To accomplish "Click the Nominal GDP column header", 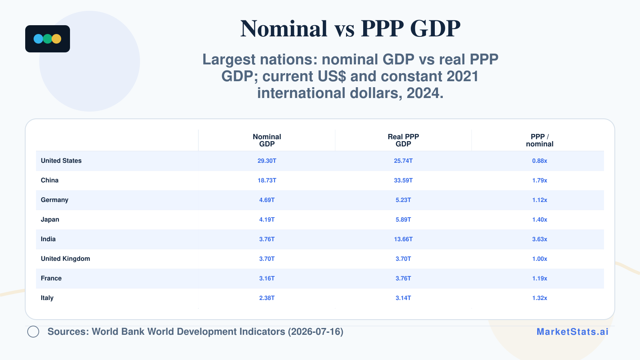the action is pos(267,140).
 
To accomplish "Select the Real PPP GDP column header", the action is pos(403,140).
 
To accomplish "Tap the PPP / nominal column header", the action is pos(540,140).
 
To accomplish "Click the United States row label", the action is pos(61,160).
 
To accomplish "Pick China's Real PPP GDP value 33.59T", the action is pos(403,180).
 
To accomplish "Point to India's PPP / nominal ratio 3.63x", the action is pos(540,239).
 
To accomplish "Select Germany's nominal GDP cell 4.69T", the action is pos(267,200).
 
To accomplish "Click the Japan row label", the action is pos(50,220).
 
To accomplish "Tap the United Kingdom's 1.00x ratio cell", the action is pos(540,259).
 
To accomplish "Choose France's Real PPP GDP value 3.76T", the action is pos(403,278).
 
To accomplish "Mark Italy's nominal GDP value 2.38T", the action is pos(267,298).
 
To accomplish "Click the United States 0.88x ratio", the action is pos(540,161).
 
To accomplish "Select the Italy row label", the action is pos(47,298).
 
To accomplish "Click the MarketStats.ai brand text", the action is pos(572,332).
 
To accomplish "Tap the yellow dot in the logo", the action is pos(56,39).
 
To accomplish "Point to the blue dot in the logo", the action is pos(38,39).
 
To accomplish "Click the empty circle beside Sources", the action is pos(33,332).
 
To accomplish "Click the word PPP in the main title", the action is pos(382,28).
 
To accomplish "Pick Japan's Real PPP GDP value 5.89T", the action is pos(403,220).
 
